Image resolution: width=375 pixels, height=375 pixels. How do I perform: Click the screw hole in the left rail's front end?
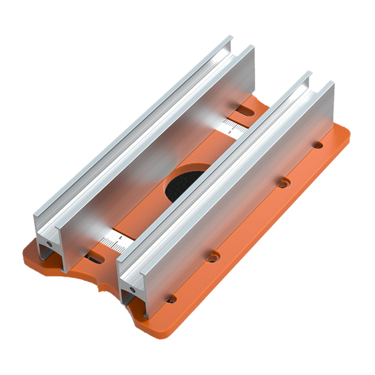[x=47, y=244]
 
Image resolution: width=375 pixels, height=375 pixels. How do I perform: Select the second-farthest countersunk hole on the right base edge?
[x=282, y=183]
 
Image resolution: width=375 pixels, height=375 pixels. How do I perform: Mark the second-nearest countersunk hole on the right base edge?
[x=213, y=256]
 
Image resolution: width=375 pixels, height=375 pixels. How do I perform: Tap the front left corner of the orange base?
[x=28, y=251]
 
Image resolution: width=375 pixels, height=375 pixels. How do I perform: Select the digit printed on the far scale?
[x=230, y=133]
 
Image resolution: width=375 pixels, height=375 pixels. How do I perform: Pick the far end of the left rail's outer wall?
[x=230, y=37]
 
